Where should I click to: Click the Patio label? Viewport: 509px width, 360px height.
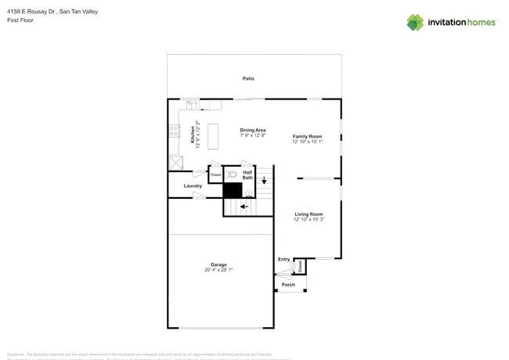[x=247, y=78]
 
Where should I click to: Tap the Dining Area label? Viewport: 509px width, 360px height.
[x=253, y=130]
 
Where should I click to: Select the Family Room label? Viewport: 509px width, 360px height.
[x=307, y=136]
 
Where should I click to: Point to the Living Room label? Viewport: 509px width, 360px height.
[x=308, y=214]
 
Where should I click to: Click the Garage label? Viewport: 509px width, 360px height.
[x=218, y=265]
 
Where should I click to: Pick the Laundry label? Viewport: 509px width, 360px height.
[x=193, y=186]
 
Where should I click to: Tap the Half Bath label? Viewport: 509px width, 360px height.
[x=247, y=175]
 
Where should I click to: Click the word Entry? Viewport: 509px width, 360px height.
[x=283, y=259]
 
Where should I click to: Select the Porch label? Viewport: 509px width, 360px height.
[x=288, y=284]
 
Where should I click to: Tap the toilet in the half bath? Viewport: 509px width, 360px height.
[x=232, y=175]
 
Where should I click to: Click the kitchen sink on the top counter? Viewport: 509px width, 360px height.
[x=191, y=103]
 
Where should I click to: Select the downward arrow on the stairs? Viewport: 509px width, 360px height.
[x=264, y=181]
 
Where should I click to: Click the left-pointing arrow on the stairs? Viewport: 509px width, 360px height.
[x=244, y=207]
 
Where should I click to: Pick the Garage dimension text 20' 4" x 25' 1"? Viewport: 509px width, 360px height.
[x=218, y=270]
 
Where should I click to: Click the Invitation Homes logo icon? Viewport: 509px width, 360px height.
[x=415, y=22]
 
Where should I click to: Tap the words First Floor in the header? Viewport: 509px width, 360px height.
[x=20, y=20]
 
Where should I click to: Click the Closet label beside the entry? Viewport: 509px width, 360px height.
[x=300, y=266]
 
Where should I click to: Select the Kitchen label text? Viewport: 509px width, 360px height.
[x=193, y=135]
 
